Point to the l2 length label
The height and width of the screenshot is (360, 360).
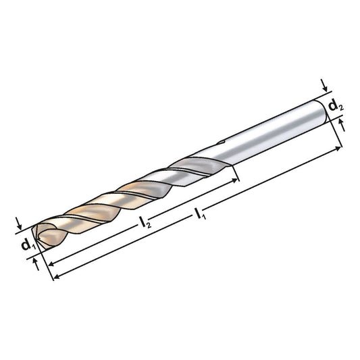[144, 221]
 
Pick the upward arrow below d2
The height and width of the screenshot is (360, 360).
[341, 124]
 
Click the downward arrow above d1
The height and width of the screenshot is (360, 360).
[21, 224]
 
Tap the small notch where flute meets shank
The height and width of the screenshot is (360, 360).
[221, 143]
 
